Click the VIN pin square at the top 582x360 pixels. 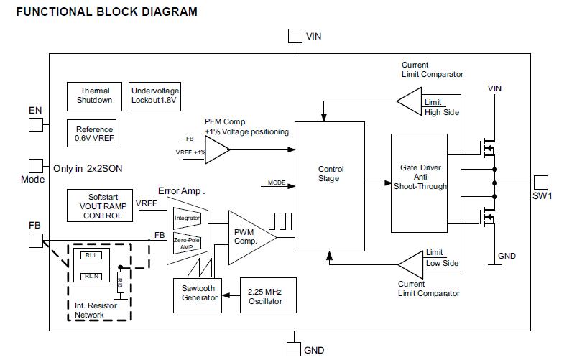295,36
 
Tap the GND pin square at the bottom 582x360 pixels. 294,350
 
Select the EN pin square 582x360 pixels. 36,125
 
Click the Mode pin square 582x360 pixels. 36,166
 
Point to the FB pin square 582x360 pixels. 36,240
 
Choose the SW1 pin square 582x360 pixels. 541,183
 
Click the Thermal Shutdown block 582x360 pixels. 95,96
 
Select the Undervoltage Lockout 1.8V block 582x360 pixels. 154,96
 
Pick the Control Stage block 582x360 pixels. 330,186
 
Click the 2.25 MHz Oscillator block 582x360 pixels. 264,295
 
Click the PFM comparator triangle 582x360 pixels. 218,151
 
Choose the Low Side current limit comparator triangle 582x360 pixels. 412,263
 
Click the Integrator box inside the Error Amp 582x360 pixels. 187,217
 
